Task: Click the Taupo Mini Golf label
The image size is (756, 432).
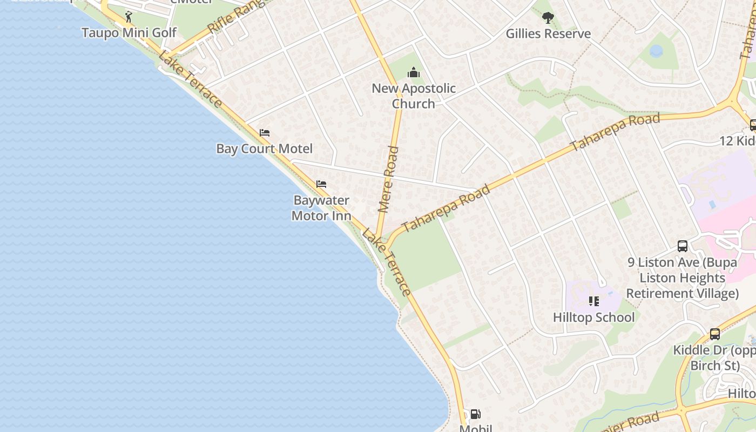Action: point(129,33)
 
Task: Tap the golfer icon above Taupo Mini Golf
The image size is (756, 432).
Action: point(129,17)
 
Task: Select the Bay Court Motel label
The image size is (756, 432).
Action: point(264,148)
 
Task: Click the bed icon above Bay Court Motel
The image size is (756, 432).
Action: point(265,133)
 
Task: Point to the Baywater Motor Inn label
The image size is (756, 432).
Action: point(321,208)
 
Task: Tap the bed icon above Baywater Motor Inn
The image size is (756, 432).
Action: point(321,184)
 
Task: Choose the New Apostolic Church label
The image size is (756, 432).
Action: point(414,96)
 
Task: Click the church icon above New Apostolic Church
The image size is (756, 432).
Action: point(414,72)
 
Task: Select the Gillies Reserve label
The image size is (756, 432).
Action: point(548,33)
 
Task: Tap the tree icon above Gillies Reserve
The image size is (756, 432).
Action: point(548,18)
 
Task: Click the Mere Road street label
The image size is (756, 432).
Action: point(389,178)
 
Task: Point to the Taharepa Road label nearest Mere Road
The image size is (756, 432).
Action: point(446,208)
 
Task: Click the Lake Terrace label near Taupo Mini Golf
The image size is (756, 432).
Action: point(190,79)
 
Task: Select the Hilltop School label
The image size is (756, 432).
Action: point(593,317)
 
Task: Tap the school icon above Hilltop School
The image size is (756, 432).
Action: point(594,301)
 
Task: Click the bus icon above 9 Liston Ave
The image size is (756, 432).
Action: point(683,246)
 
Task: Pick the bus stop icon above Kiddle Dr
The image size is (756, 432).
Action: point(715,334)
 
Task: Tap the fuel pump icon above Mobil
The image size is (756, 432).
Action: point(475,414)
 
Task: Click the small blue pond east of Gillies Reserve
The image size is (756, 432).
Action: point(656,51)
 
